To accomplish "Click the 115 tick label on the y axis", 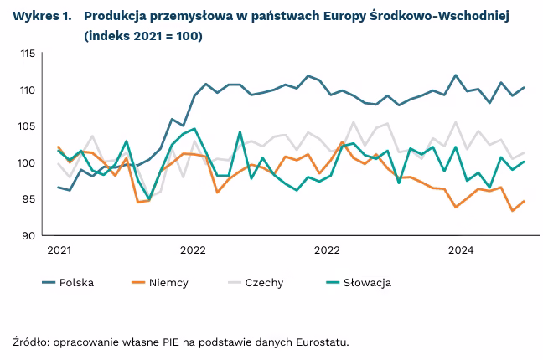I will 27,54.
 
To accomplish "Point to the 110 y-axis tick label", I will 27,90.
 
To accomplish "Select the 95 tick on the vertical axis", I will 29,199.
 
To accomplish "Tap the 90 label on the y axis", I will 29,235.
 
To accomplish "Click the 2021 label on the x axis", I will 59,249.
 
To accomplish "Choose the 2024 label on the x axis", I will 461,249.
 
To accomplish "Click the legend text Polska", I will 76,282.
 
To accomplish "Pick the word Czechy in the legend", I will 264,282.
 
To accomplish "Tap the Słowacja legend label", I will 367,282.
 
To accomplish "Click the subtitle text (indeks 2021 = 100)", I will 142,37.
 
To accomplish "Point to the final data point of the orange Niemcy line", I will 525,201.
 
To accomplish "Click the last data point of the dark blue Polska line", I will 525,87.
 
